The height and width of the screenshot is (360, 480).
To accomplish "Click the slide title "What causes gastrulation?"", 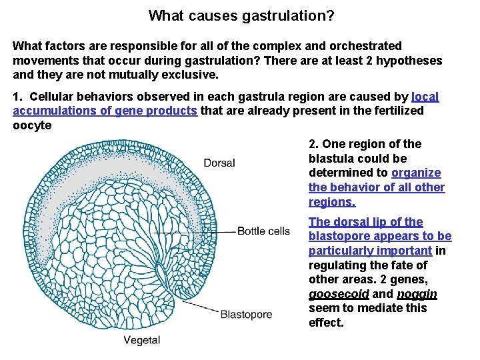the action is click(242, 15).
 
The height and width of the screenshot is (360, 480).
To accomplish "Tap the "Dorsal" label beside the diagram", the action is click(219, 163).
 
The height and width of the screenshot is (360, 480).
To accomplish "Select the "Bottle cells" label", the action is click(264, 231).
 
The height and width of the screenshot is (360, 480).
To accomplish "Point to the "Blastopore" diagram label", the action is click(246, 314).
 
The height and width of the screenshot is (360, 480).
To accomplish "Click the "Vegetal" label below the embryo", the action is click(142, 340).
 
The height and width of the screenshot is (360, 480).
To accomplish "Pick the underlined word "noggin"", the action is click(417, 294).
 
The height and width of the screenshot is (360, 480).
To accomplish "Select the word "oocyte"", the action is click(32, 125).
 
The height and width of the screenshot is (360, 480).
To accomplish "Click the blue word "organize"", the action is click(416, 173).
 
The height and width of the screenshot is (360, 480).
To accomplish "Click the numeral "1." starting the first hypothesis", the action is click(18, 97).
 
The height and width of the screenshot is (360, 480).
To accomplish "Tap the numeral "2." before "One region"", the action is click(314, 144).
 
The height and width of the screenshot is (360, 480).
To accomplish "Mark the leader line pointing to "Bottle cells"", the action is click(200, 231).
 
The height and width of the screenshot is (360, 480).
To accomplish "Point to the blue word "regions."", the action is click(332, 202).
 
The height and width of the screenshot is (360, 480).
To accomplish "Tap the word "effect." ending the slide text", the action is click(326, 323).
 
